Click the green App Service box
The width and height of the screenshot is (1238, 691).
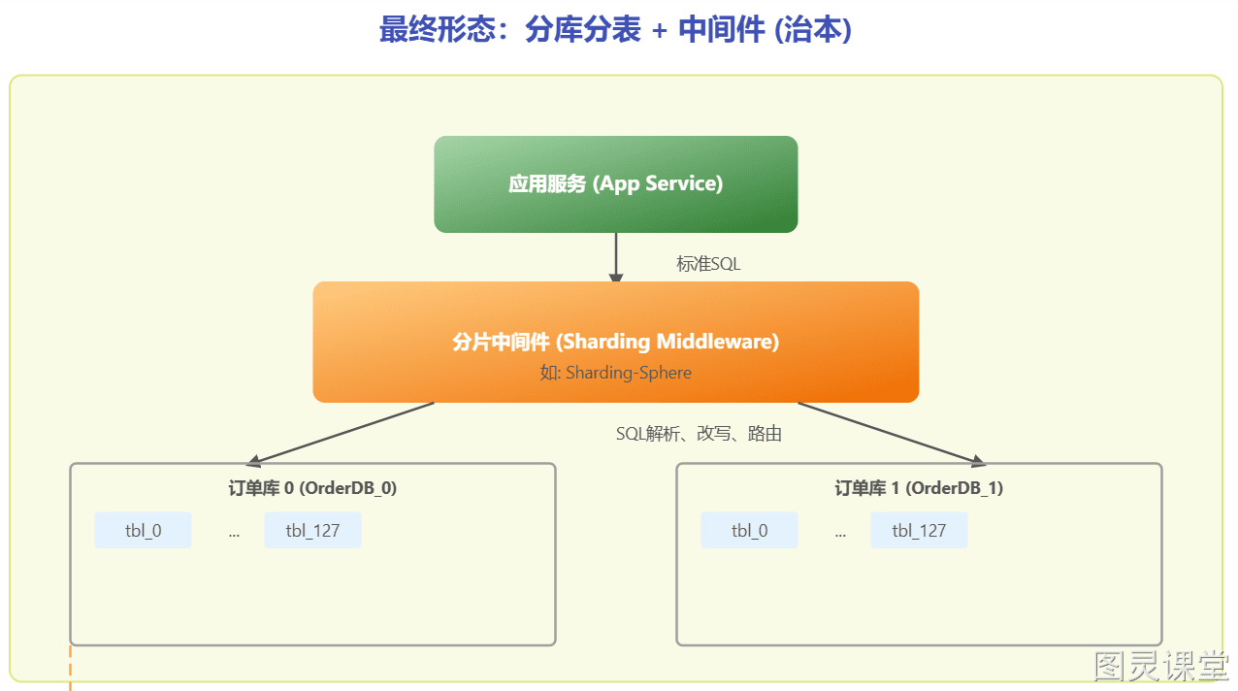pos(616,184)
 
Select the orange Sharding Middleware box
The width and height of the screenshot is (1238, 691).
pos(616,342)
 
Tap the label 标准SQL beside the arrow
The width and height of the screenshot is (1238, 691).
pos(708,264)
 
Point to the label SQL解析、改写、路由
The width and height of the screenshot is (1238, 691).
pos(699,434)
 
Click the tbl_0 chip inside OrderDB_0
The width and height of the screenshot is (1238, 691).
pos(144,530)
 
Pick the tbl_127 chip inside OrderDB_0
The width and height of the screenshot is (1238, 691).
pos(312,530)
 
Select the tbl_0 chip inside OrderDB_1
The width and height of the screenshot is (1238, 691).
pos(749,530)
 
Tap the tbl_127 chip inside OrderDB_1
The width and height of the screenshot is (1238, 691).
pos(919,530)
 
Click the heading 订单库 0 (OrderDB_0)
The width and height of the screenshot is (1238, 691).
pos(312,487)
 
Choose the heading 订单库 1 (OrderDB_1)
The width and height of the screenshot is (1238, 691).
pos(919,487)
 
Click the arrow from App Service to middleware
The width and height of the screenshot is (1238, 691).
pos(616,257)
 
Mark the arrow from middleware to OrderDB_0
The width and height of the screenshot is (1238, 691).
pos(340,433)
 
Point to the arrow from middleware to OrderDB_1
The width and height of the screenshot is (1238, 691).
pos(892,433)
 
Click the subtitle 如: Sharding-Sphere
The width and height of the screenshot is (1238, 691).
pos(616,373)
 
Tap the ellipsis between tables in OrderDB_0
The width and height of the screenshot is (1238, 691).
pos(234,534)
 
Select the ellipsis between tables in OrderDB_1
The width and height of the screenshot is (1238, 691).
pos(840,534)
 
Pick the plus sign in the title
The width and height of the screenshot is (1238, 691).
pos(659,30)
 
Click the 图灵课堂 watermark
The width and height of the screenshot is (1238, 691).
pos(1161,666)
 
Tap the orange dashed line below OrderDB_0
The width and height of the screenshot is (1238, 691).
pos(70,668)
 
